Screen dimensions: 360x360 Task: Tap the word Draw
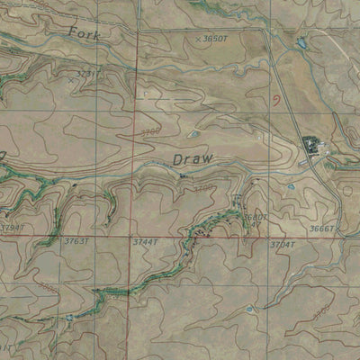coord(193,158)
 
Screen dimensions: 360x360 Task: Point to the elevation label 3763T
coord(76,240)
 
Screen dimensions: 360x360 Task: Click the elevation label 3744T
coord(145,241)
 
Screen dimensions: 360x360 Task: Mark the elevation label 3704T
coord(282,244)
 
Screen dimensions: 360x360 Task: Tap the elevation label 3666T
coord(321,229)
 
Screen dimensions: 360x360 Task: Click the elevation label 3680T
coord(255,217)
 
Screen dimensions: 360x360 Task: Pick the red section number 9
coord(274,102)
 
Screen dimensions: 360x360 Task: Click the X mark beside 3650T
coord(197,40)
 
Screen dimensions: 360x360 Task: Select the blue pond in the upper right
coord(302,42)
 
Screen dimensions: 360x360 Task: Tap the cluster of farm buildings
coord(311,144)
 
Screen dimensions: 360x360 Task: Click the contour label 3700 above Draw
coord(150,132)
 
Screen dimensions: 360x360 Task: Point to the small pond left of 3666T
coord(291,186)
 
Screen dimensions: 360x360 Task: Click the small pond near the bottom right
coord(249,310)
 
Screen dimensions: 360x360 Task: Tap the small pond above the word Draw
coord(193,135)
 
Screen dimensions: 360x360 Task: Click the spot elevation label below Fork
coord(85,73)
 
